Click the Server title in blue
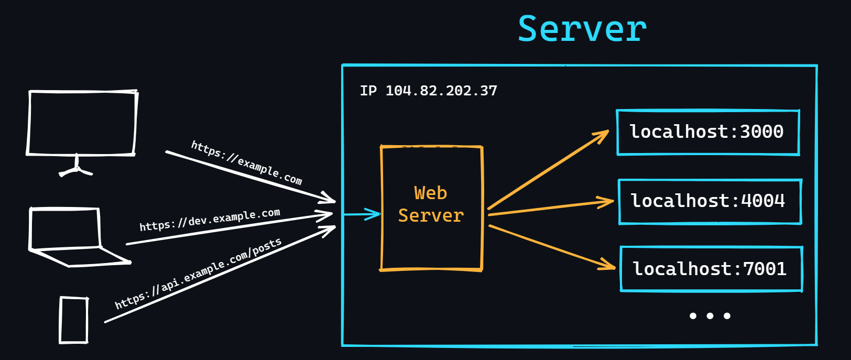point(582,29)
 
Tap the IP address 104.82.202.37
point(441,91)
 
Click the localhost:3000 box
point(707,132)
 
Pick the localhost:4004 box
point(710,201)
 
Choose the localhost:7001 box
point(711,269)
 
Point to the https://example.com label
point(246,163)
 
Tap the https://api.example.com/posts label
point(198,274)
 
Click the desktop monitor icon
point(82,123)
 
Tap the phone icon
point(74,320)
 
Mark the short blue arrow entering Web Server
point(362,214)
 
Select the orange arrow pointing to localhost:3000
point(548,170)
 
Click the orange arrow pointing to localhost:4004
point(550,208)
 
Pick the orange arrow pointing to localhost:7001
point(550,247)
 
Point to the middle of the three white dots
point(710,315)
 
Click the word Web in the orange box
point(430,193)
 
